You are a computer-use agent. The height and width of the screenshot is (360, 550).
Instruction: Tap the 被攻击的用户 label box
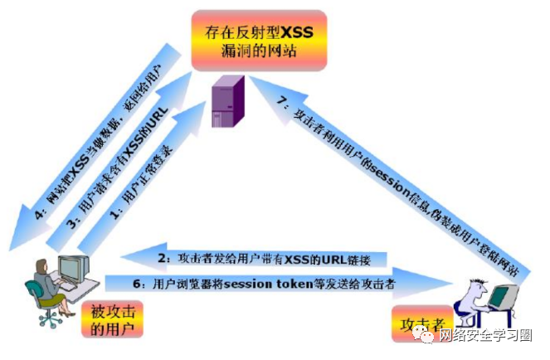tap(110, 317)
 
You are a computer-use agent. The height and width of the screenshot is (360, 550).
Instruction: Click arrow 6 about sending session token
tap(257, 284)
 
